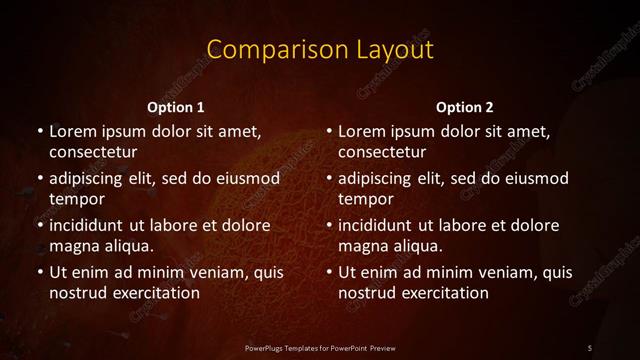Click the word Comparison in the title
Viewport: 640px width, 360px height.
[x=264, y=49]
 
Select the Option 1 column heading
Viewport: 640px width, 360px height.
[x=176, y=107]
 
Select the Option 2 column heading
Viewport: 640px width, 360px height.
[x=465, y=107]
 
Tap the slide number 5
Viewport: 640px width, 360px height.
[x=590, y=347]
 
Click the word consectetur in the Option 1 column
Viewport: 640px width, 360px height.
[x=93, y=152]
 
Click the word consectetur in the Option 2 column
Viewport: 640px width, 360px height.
[x=382, y=152]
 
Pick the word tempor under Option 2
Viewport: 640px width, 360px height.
[x=366, y=199]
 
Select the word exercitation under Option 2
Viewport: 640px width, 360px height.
[x=441, y=293]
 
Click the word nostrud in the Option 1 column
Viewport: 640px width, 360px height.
[x=76, y=293]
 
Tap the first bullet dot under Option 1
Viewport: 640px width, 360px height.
[x=39, y=131]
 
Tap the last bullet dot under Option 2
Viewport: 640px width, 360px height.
[x=328, y=272]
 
